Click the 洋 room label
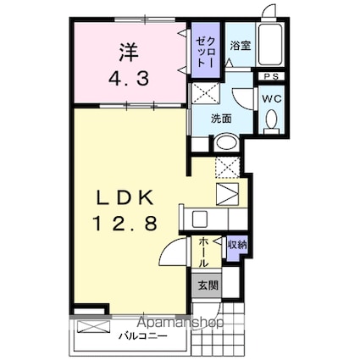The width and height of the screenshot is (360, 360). tap(129, 53)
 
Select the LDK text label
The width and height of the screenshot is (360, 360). tap(125, 197)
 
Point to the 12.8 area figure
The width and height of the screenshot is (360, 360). tap(125, 223)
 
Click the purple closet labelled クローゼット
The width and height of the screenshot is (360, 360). tap(206, 50)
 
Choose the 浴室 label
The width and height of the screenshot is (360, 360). tap(241, 46)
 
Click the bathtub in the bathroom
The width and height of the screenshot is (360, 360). tap(270, 45)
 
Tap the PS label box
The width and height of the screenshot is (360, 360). tap(271, 76)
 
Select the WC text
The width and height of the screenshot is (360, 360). tap(272, 98)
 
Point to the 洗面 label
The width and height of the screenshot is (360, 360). tap(222, 119)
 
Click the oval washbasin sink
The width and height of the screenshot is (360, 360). tap(225, 142)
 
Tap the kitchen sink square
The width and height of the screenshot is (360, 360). tap(200, 219)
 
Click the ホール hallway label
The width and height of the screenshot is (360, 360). tap(203, 252)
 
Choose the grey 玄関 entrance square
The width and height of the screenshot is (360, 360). tap(208, 285)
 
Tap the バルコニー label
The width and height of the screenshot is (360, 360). tap(143, 336)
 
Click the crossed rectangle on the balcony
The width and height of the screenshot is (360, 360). tap(93, 327)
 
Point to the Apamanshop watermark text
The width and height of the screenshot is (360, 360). tap(181, 323)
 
